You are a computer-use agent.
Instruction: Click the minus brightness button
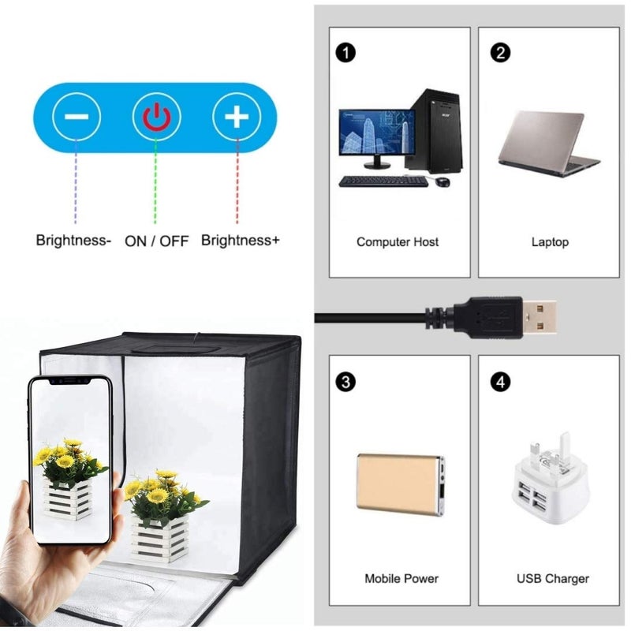coord(77,118)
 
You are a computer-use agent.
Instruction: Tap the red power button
coord(156,118)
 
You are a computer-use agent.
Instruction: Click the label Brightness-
coord(73,240)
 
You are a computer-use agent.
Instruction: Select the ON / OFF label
coord(157,241)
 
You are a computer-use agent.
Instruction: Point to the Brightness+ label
coord(240,240)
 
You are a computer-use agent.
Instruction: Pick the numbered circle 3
coord(345,383)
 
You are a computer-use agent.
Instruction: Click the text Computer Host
coord(398,241)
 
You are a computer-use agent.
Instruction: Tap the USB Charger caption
coord(552,578)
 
